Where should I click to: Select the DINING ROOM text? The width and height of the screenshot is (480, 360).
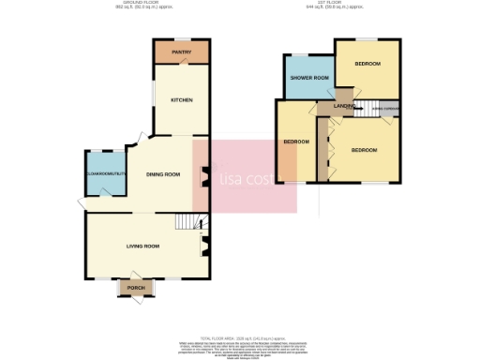click(161, 174)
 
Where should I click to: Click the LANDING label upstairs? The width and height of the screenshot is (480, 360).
click(340, 108)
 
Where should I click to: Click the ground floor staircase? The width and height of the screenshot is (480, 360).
click(190, 222)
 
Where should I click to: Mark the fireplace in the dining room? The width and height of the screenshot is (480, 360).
click(202, 175)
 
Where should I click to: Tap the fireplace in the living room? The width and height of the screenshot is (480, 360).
click(202, 246)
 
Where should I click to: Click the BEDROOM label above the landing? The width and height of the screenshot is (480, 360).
click(367, 64)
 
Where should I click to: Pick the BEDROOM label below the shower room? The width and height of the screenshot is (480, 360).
click(296, 142)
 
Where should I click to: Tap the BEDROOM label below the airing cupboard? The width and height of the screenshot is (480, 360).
click(364, 150)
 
